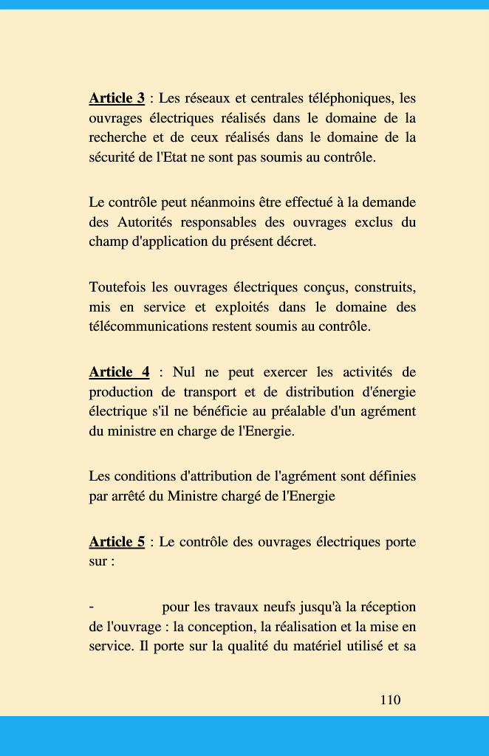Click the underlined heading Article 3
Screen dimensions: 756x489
(117, 98)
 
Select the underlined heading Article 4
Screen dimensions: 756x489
(119, 372)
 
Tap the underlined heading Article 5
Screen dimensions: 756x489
(117, 542)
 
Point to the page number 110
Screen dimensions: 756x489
(390, 700)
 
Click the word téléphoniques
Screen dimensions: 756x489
(348, 98)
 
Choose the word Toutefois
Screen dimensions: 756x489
(117, 286)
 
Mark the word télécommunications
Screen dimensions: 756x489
(152, 326)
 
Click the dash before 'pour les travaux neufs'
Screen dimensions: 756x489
(91, 607)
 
